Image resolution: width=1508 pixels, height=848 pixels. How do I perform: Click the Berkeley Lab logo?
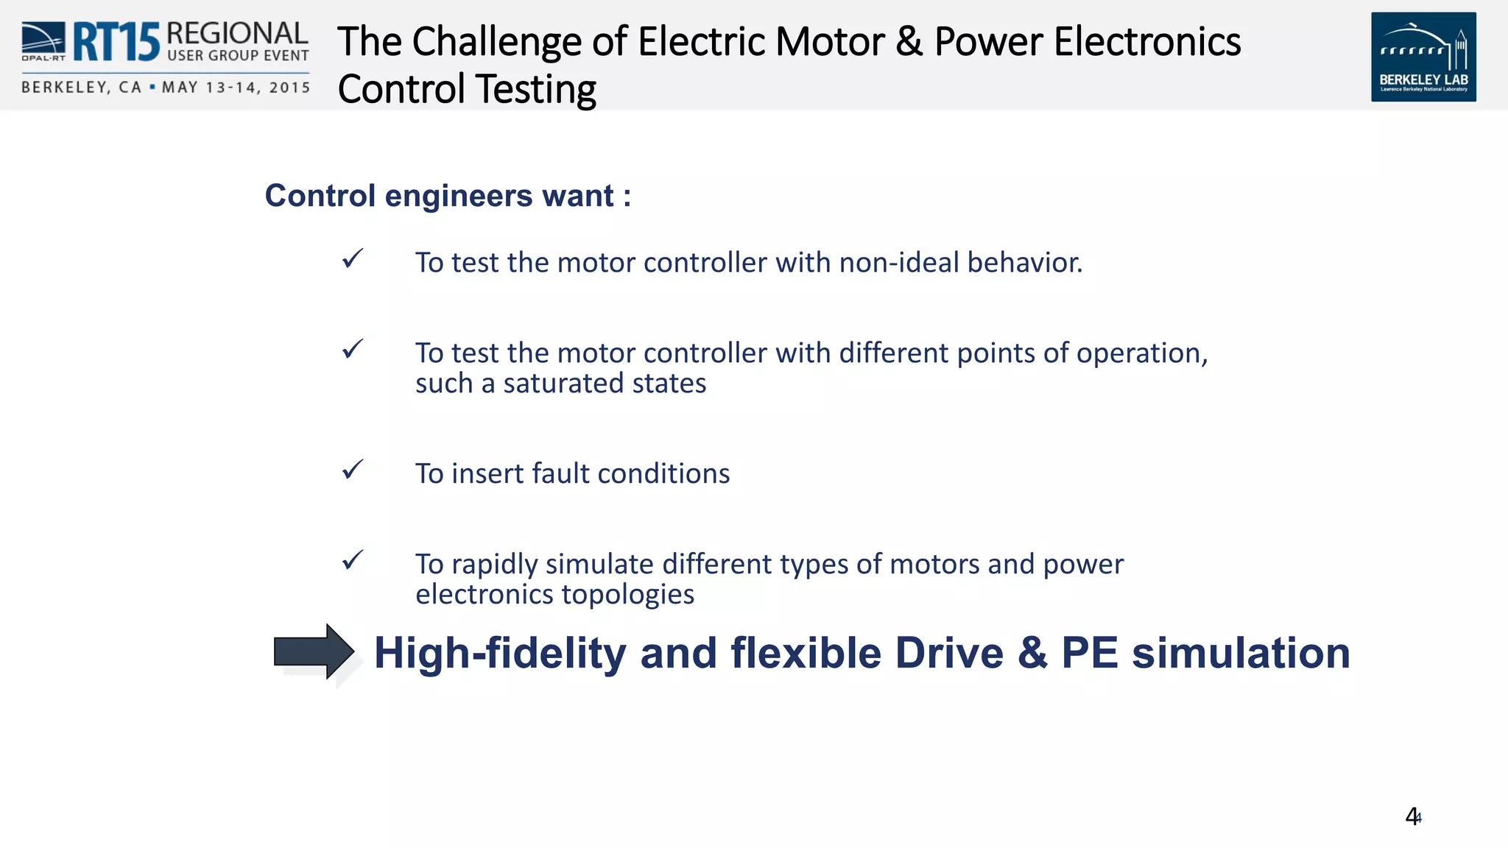point(1423,57)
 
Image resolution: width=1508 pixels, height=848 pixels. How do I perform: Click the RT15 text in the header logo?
point(116,42)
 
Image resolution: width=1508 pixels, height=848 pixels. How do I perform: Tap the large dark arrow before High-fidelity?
point(314,651)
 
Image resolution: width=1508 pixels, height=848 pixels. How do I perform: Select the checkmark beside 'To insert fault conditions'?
point(353,470)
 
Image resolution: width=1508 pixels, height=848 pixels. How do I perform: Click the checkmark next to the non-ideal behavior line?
point(353,258)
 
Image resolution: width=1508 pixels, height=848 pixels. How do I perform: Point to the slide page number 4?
point(1412,816)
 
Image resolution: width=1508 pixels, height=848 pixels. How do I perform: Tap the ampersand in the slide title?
point(909,41)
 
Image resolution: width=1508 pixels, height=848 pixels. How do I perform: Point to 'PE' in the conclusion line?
point(1089,653)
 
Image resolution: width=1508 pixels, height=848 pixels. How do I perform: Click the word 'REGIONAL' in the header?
point(237,33)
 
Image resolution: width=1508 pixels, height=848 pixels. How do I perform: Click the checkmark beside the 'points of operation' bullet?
point(353,349)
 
